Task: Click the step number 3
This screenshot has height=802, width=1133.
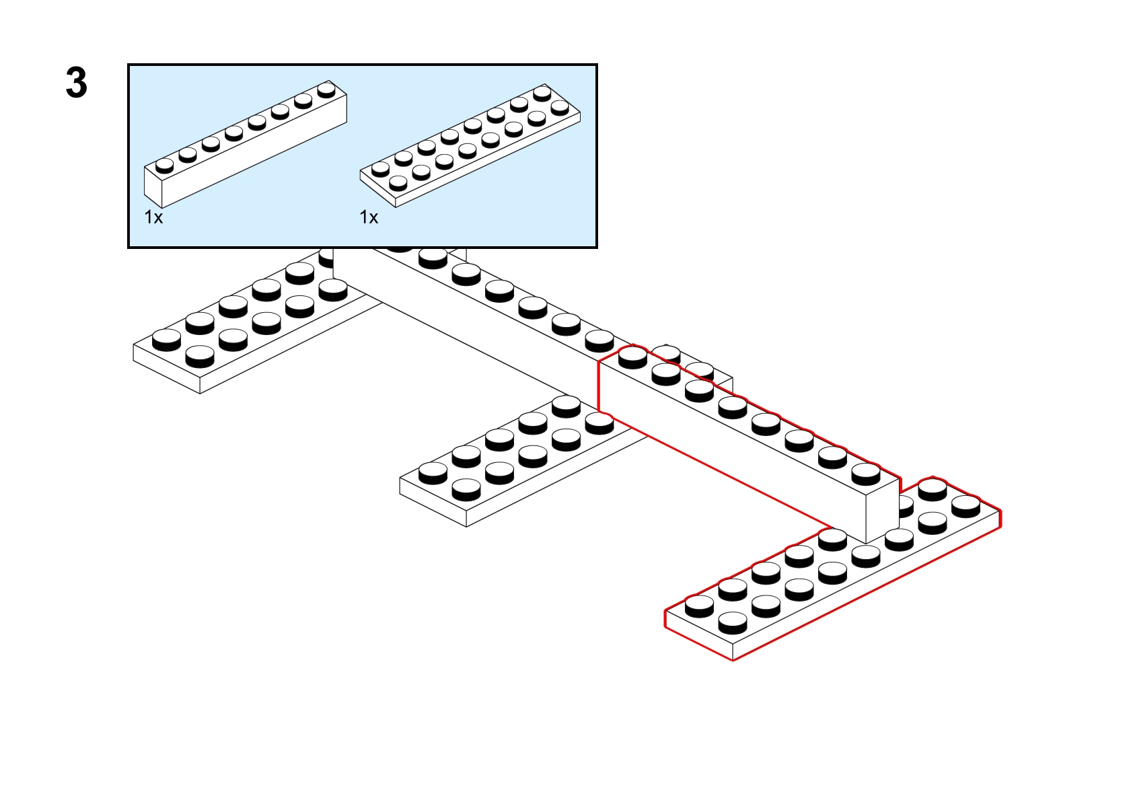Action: pyautogui.click(x=77, y=83)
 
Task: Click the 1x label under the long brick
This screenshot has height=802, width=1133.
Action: pyautogui.click(x=154, y=217)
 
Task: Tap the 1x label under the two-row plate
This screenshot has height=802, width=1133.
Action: pyautogui.click(x=369, y=217)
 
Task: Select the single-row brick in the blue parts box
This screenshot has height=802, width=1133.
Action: pyautogui.click(x=246, y=144)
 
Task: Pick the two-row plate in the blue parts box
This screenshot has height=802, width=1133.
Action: pyautogui.click(x=470, y=145)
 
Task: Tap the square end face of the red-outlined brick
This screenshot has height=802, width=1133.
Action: pyautogui.click(x=883, y=510)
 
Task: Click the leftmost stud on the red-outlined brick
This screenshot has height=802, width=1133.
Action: pyautogui.click(x=632, y=357)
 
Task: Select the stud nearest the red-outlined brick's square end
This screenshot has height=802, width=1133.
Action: pyautogui.click(x=865, y=474)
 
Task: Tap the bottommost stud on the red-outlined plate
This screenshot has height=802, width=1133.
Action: pyautogui.click(x=733, y=623)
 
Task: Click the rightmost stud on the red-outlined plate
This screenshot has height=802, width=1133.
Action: pyautogui.click(x=965, y=506)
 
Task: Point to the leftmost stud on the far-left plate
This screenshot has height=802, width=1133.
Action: pyautogui.click(x=166, y=340)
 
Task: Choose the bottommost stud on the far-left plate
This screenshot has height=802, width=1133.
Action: pyautogui.click(x=200, y=357)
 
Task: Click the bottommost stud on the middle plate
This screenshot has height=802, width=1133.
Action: pyautogui.click(x=466, y=490)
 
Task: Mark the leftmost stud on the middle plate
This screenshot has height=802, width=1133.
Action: pyautogui.click(x=433, y=473)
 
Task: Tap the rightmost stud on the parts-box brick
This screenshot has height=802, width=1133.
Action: pyautogui.click(x=326, y=90)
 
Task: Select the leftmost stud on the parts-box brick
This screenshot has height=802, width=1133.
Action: pyautogui.click(x=164, y=166)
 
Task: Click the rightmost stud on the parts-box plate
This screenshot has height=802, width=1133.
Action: pyautogui.click(x=560, y=108)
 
